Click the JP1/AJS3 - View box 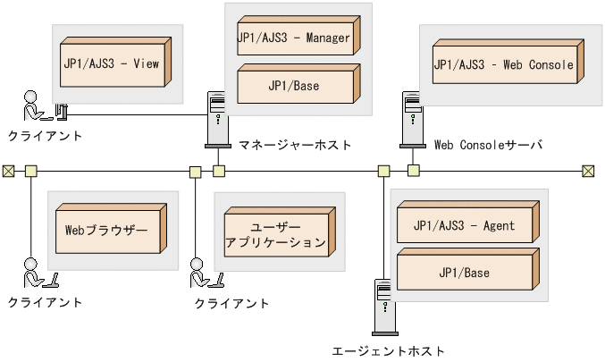[x=112, y=64]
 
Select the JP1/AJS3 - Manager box [x=294, y=38]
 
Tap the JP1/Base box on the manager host [x=294, y=87]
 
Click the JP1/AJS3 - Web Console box [x=502, y=65]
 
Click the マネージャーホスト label [x=295, y=144]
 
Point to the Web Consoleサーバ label [x=487, y=144]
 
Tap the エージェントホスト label [x=387, y=351]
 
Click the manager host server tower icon [x=215, y=119]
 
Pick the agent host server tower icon [x=382, y=309]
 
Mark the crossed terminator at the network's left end [x=9, y=170]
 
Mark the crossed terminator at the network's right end [x=588, y=171]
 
